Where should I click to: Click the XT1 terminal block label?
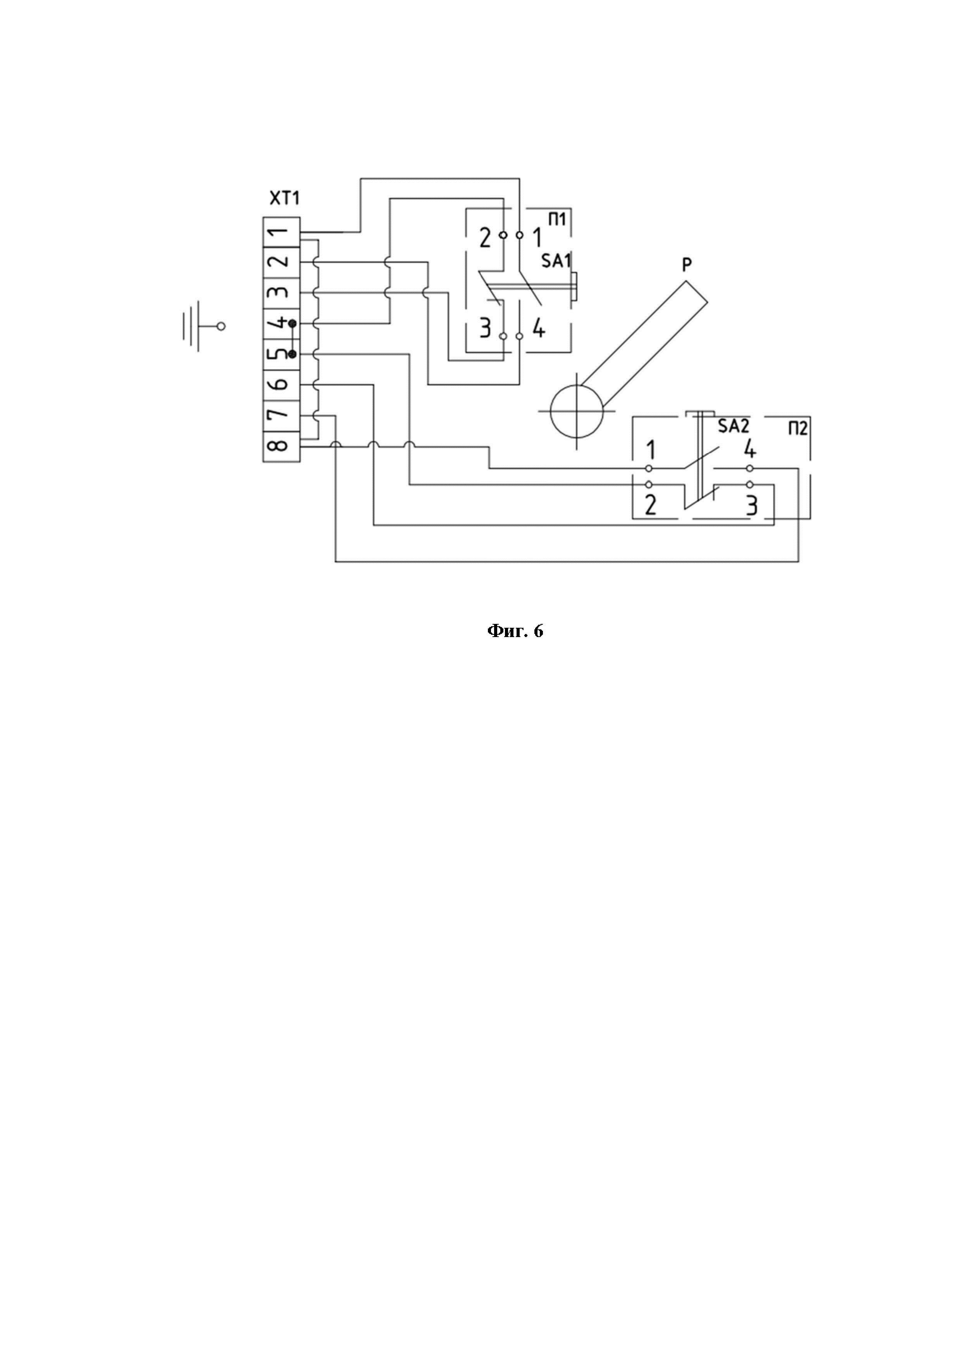tap(285, 198)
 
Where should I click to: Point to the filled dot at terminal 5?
tap(292, 354)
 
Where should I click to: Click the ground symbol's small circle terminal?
tap(221, 326)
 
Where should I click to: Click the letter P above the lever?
tap(686, 265)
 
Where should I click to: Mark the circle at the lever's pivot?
tap(577, 410)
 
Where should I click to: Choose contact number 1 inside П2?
tap(650, 451)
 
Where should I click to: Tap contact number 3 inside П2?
tap(751, 506)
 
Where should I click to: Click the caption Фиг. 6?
tap(515, 631)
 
